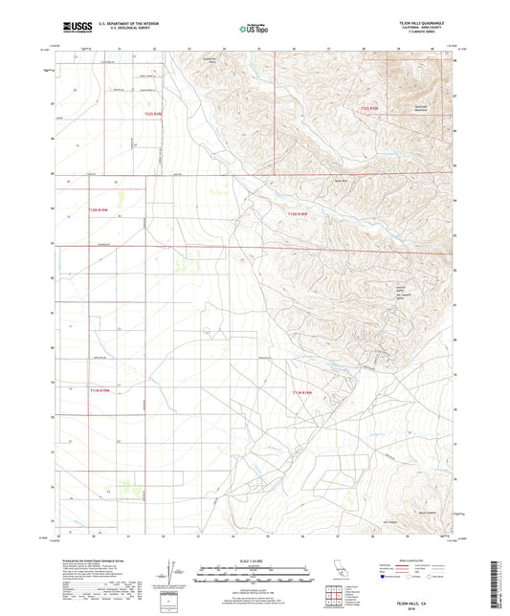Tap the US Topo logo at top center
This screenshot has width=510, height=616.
click(x=254, y=30)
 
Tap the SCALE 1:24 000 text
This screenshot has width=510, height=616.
click(x=254, y=559)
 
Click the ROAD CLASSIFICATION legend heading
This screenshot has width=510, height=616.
click(x=421, y=560)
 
